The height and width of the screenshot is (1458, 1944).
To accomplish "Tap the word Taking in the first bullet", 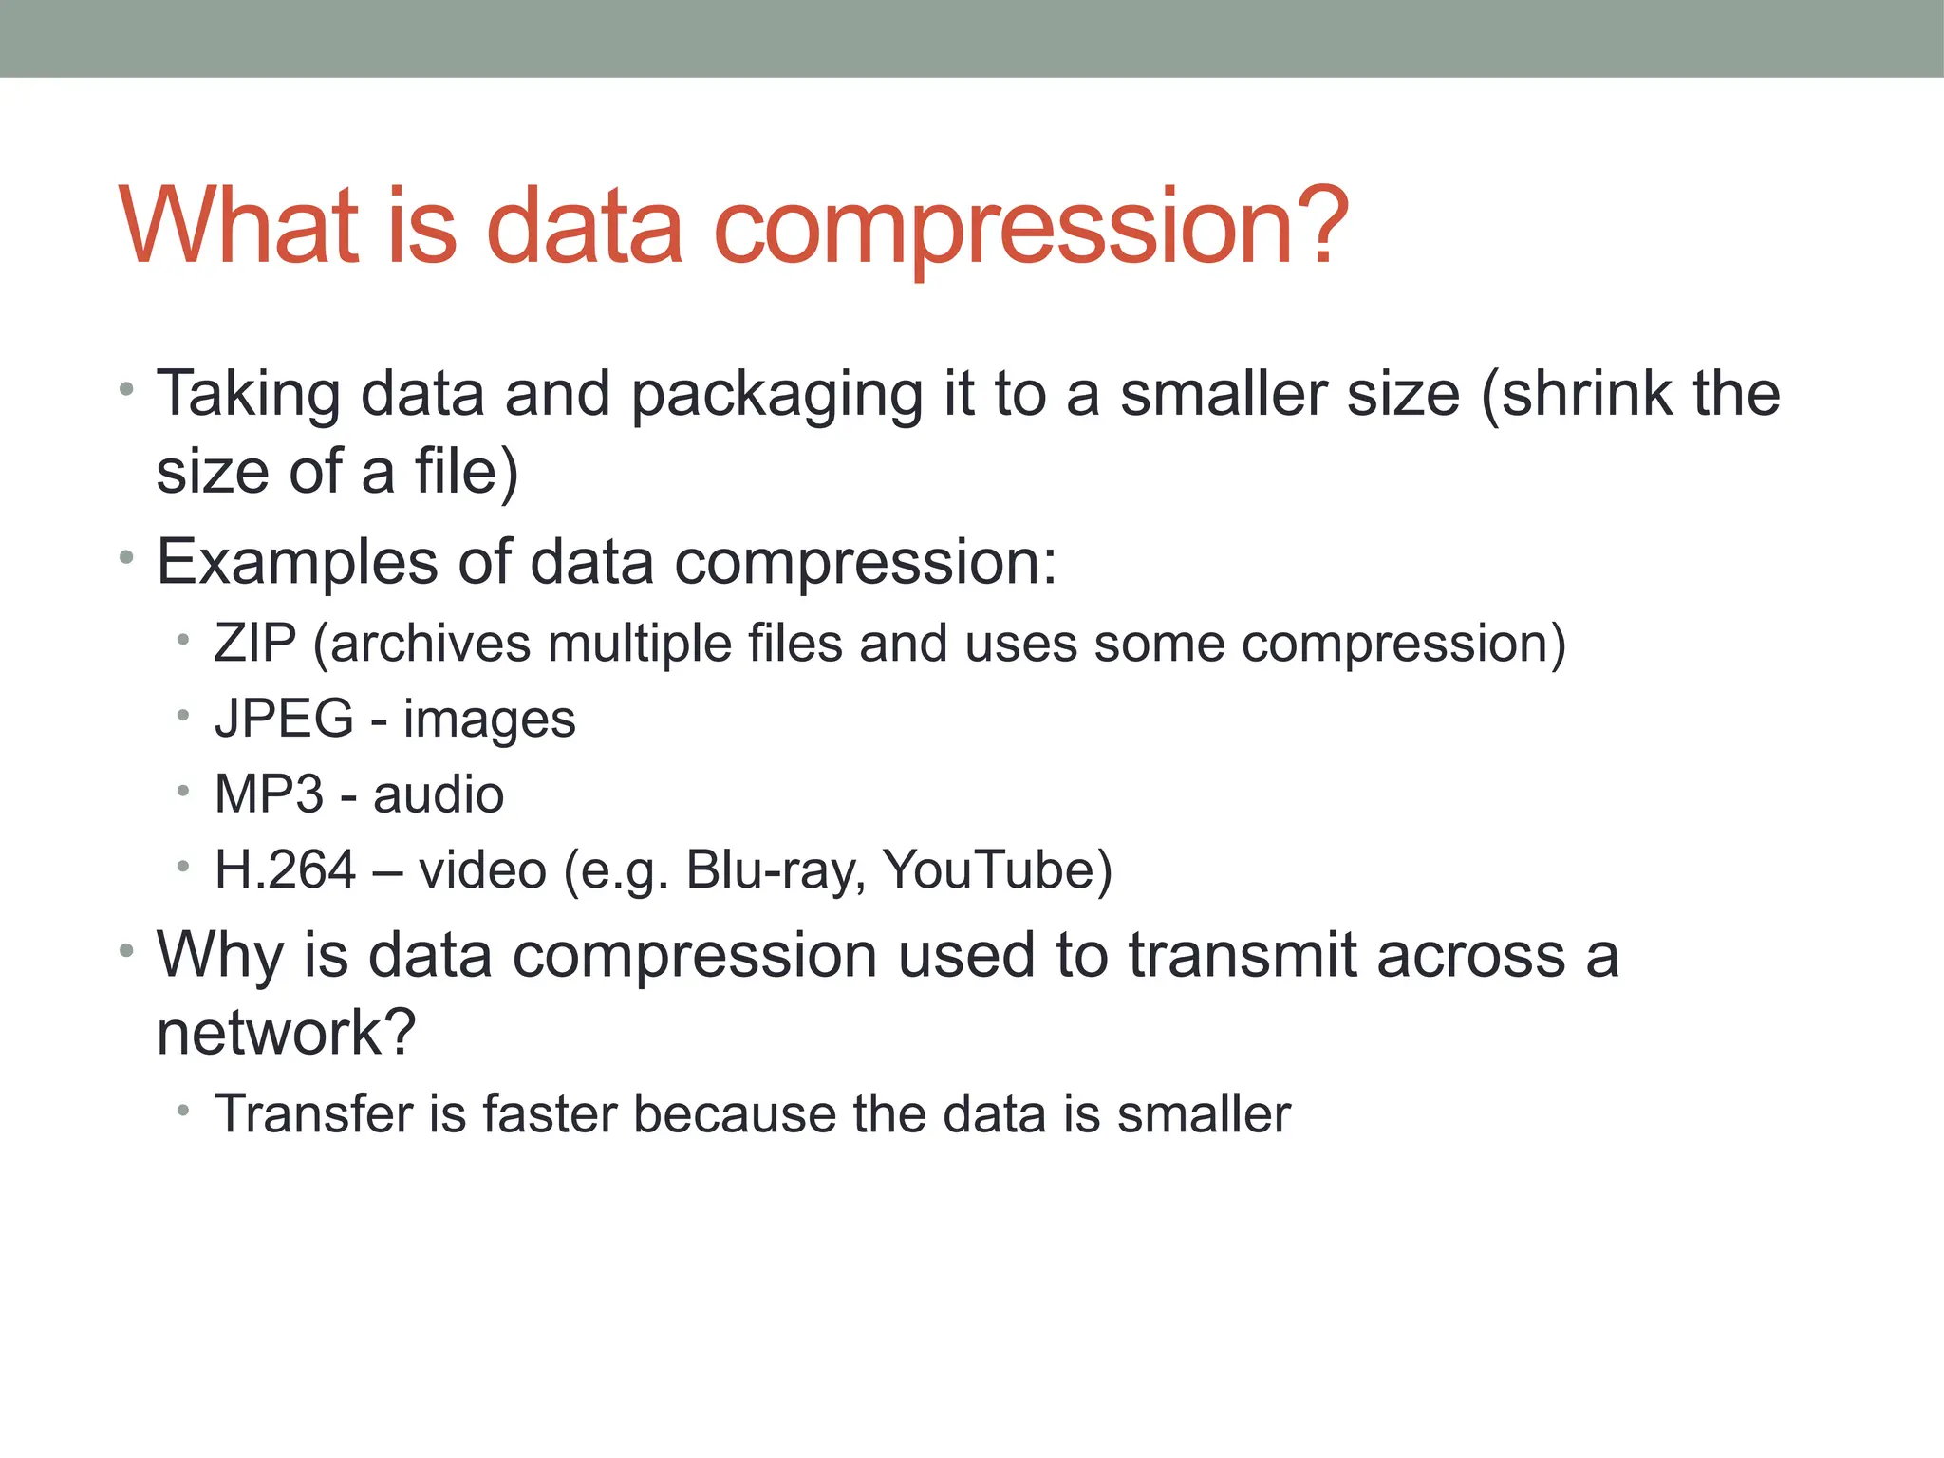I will coord(248,394).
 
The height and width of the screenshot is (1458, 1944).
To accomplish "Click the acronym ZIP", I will coord(255,644).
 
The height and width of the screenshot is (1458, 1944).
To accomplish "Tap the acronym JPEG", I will coord(284,719).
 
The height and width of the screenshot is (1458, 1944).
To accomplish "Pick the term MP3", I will coord(269,794).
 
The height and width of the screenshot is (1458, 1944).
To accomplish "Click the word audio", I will coord(438,794).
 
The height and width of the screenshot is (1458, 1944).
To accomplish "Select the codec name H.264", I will coord(285,869).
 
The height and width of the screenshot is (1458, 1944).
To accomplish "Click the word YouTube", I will coord(987,869).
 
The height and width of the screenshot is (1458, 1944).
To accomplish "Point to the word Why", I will coord(219,955).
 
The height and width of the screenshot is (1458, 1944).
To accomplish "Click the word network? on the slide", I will coord(286,1032).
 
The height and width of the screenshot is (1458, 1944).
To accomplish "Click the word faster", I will coord(550,1113).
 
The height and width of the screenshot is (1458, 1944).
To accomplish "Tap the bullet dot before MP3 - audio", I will coord(183,791).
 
